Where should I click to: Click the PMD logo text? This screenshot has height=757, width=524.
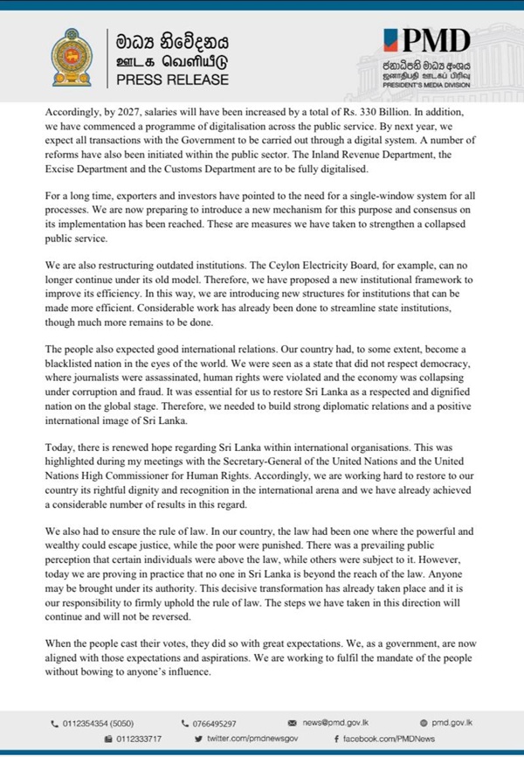pyautogui.click(x=429, y=40)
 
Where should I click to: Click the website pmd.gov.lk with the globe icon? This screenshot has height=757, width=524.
pyautogui.click(x=452, y=724)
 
